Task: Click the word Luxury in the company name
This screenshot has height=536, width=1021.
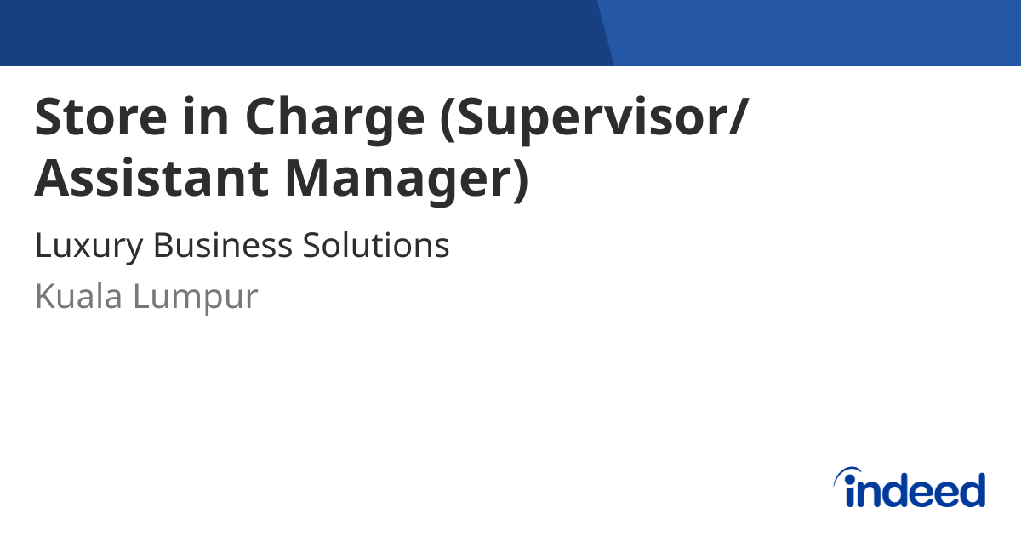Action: coord(88,247)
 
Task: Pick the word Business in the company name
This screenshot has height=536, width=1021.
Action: coord(223,245)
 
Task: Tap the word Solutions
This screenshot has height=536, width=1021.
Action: coord(375,245)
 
